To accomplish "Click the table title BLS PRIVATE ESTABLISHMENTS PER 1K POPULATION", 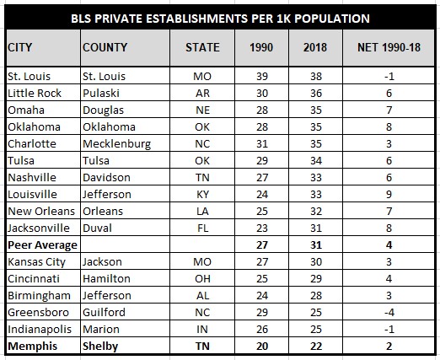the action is click(x=220, y=19).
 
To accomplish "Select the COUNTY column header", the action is click(x=105, y=47).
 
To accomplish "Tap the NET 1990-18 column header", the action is click(x=389, y=47).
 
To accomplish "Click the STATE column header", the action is click(x=202, y=47).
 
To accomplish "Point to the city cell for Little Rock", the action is click(x=35, y=93).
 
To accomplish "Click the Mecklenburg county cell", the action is click(x=117, y=144).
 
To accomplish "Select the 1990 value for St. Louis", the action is click(x=262, y=76).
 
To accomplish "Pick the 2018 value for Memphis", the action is click(x=316, y=346).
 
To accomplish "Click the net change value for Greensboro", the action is click(x=389, y=312).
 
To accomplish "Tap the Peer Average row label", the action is click(x=42, y=245).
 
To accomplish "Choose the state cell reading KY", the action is click(x=202, y=194).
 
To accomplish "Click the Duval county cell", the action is click(x=97, y=228).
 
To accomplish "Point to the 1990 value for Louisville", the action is click(x=262, y=194).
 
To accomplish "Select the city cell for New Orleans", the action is click(x=41, y=211).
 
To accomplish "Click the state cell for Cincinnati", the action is click(x=202, y=278).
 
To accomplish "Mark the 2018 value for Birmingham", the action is click(x=316, y=295).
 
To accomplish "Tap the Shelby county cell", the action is click(x=100, y=347).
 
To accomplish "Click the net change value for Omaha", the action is click(x=389, y=110).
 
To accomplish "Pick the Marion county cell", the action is click(x=101, y=329).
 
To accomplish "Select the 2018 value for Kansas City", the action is click(x=316, y=261).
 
